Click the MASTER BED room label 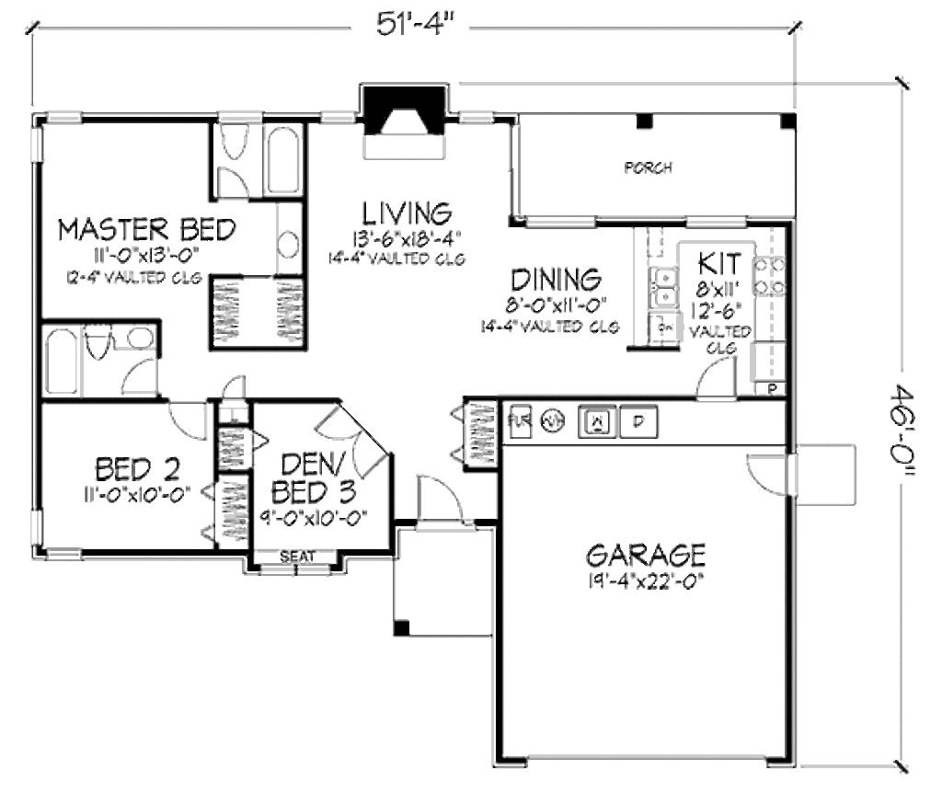[147, 228]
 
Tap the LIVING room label [407, 213]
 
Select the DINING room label [556, 279]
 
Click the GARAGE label [646, 555]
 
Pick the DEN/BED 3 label [316, 476]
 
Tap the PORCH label [649, 168]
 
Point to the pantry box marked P [771, 389]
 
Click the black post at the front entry [400, 627]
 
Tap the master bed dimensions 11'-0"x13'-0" [147, 254]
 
